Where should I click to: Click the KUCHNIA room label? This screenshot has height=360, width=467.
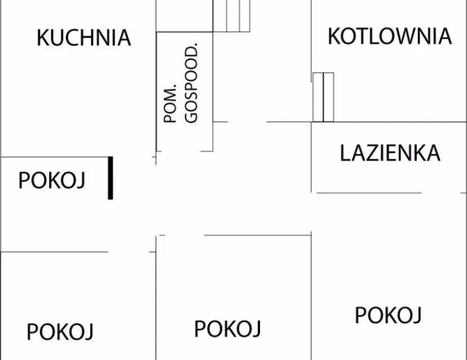click(x=84, y=38)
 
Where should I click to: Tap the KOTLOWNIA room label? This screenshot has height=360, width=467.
click(x=390, y=36)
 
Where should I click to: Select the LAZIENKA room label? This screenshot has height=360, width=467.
click(x=390, y=153)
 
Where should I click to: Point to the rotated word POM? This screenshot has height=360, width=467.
click(x=170, y=103)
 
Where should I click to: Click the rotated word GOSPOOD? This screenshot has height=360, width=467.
click(x=191, y=83)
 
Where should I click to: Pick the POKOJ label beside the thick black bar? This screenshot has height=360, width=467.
click(x=52, y=180)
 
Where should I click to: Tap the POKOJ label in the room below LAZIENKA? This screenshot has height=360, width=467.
click(x=388, y=315)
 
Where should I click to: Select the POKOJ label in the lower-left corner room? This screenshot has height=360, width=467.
click(x=60, y=332)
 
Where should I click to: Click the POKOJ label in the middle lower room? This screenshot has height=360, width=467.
click(x=227, y=329)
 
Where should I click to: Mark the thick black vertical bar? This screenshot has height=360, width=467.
click(x=110, y=178)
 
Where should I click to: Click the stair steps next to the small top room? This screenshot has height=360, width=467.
click(x=231, y=16)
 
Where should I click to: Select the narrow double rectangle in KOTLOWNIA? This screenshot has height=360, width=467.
click(x=323, y=97)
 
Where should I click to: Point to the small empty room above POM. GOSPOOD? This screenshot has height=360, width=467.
click(x=184, y=16)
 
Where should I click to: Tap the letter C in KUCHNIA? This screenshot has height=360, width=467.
click(x=71, y=38)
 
